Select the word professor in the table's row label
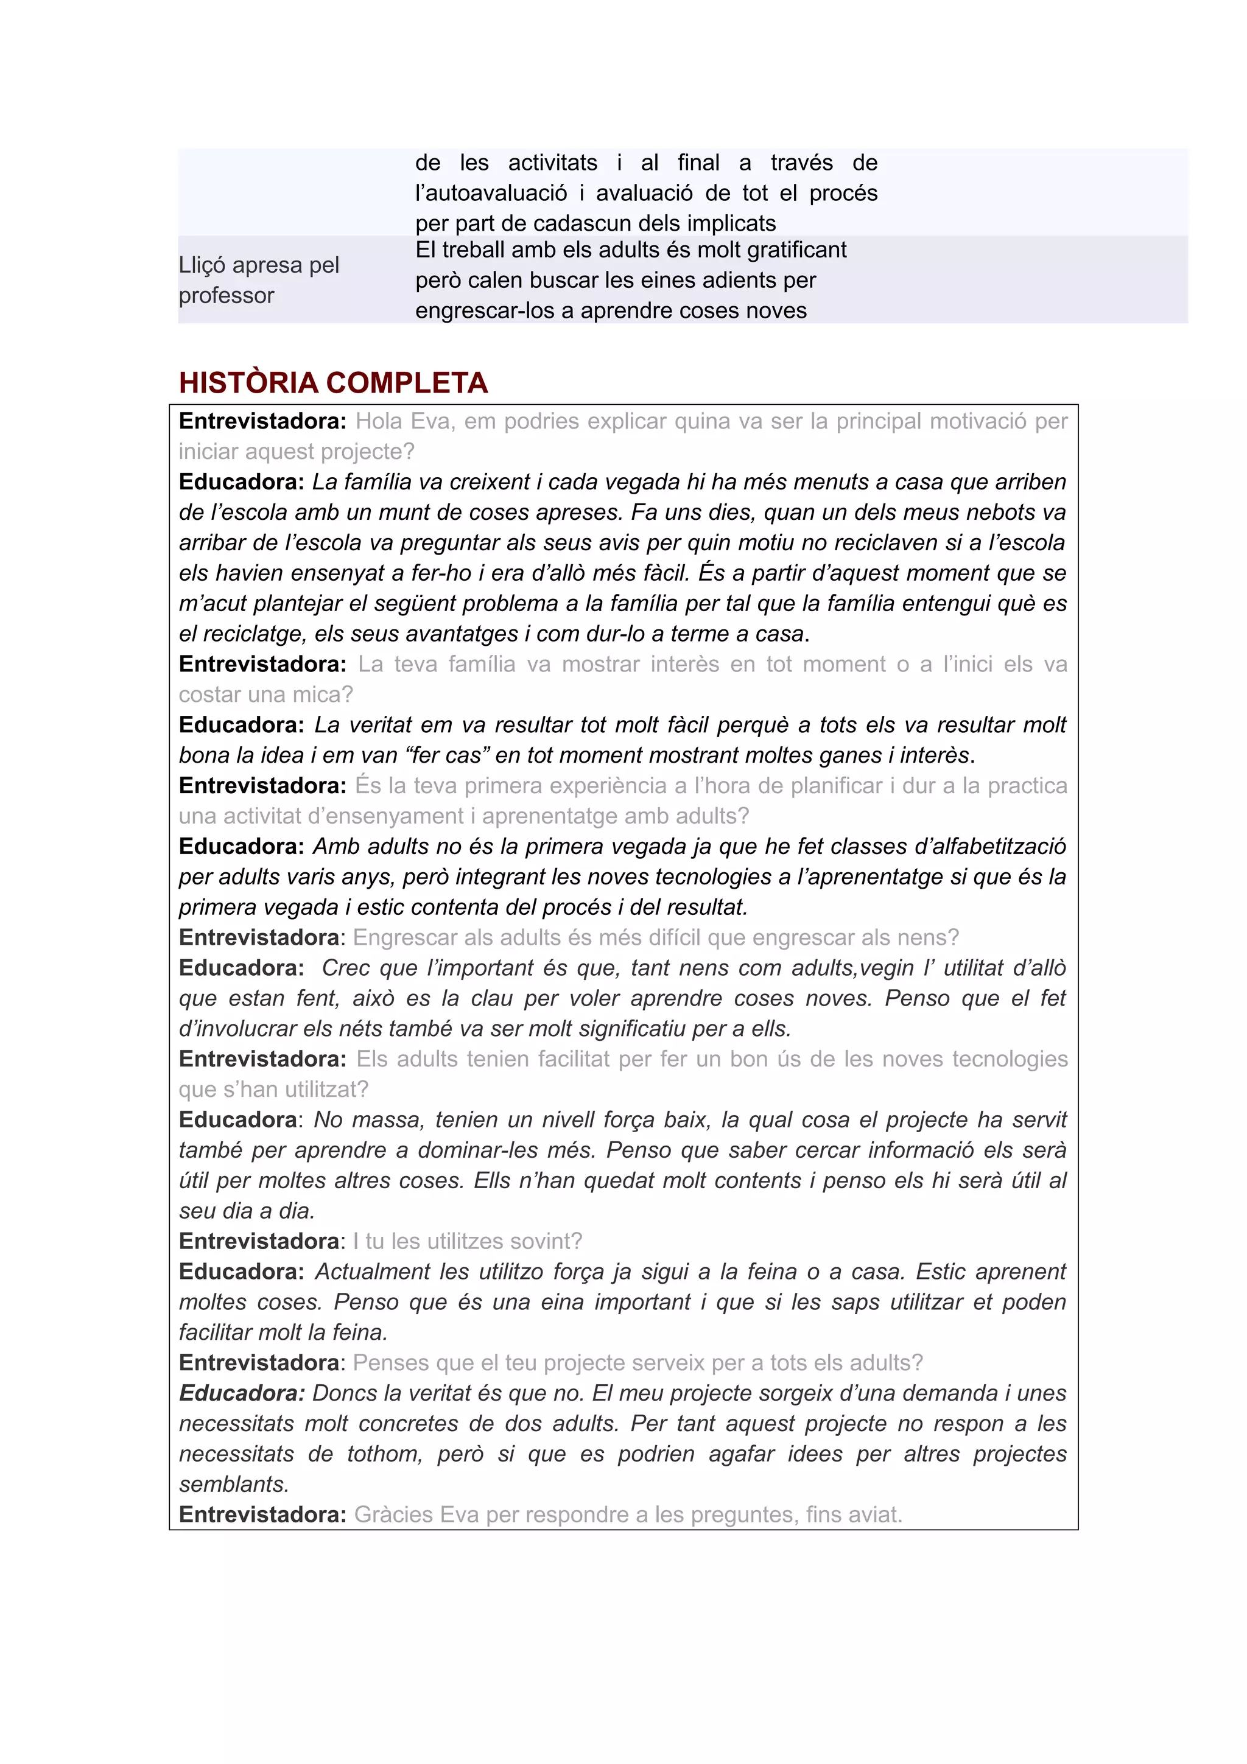pyautogui.click(x=226, y=295)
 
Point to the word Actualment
pyautogui.click(x=373, y=1272)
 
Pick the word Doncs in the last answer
pyautogui.click(x=344, y=1393)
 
